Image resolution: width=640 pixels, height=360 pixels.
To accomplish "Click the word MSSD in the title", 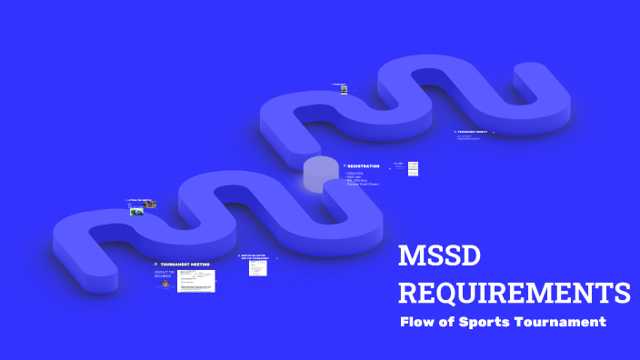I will coord(441,257).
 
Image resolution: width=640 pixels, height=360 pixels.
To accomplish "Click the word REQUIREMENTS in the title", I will coord(515,293).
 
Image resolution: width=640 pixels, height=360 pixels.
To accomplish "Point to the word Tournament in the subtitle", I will coord(565,322).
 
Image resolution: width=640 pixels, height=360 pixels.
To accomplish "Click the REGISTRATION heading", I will coord(363,165).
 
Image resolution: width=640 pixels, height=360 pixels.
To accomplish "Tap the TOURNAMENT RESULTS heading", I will coord(473,132).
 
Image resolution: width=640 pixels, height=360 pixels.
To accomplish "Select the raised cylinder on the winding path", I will coord(320,174).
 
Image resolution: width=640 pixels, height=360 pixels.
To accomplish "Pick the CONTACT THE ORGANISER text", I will coord(164,274).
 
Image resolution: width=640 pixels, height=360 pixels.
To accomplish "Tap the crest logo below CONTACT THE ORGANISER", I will coord(165,284).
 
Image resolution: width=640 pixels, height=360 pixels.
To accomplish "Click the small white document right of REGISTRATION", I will coord(413,168).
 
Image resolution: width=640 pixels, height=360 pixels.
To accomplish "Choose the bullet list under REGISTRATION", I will coord(362,178).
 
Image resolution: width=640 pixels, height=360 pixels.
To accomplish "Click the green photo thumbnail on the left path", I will coord(136,212).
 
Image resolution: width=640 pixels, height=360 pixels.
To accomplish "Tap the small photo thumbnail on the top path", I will coord(344,89).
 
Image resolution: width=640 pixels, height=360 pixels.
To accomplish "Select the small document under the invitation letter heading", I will coord(257,268).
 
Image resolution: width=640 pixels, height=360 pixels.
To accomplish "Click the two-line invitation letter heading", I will coord(257,257).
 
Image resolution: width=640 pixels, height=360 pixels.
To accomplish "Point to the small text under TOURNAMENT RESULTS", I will coord(469,137).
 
